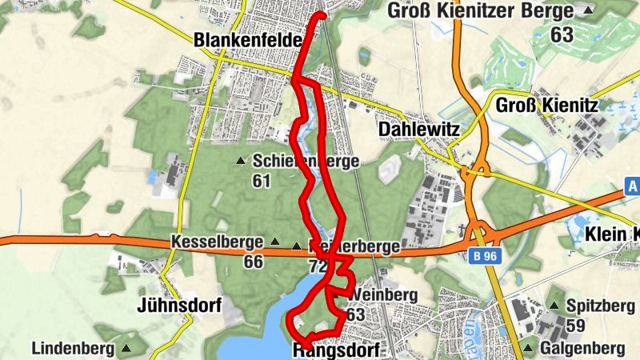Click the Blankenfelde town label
coord(247,40)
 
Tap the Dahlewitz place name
coord(417,129)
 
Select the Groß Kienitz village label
coord(548,106)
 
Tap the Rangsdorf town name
coord(335,350)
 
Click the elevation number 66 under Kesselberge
coord(254,262)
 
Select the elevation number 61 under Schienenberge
coord(261,181)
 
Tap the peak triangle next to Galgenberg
coord(529,348)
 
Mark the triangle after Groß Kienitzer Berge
coord(588,11)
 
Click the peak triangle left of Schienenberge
coord(240,162)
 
